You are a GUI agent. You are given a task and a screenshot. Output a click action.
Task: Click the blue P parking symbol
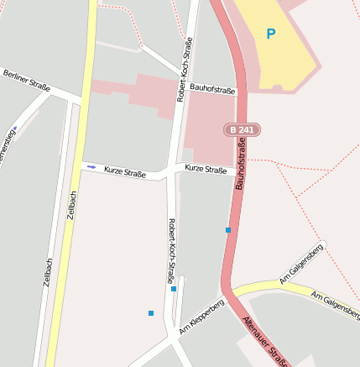point(270,34)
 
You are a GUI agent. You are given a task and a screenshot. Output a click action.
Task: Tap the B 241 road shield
point(242,129)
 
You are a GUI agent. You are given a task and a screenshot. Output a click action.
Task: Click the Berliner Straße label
point(26,81)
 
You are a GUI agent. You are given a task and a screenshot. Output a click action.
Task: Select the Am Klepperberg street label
point(201,312)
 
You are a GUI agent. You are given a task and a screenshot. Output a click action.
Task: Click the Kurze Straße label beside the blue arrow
point(124,172)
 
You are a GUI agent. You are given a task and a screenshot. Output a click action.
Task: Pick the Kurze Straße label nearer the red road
point(206,169)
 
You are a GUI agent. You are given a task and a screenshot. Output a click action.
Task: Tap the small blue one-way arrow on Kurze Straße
point(91,167)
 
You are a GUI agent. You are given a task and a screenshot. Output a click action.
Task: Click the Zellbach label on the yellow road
point(73,207)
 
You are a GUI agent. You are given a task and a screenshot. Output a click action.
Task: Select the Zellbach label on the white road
point(48,272)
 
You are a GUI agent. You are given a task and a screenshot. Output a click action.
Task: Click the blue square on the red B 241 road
point(227,229)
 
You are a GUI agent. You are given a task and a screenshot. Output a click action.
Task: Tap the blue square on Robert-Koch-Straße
point(174,289)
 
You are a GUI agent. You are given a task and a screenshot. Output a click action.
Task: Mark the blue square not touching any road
point(151,313)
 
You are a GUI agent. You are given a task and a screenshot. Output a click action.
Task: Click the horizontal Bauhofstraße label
point(211,87)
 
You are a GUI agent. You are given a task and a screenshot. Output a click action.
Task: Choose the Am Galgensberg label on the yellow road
point(335,299)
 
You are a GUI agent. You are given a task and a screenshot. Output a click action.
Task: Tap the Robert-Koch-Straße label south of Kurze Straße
point(171,249)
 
